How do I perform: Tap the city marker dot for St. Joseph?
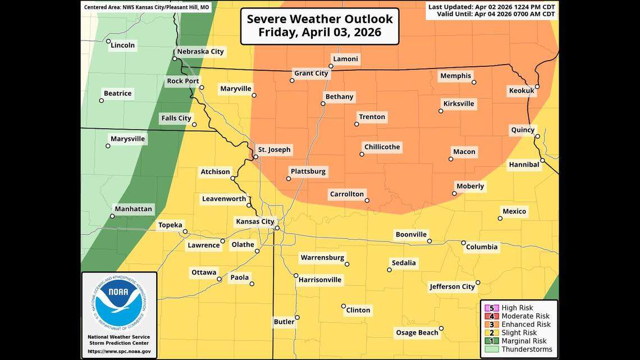tap(255, 157)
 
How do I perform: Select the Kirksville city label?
tap(459, 103)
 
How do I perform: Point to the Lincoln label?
tap(123, 45)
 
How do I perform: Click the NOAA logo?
tap(119, 303)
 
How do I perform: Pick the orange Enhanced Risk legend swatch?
tap(492, 324)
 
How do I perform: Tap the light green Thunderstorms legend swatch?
tap(492, 349)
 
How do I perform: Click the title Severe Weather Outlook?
tap(319, 19)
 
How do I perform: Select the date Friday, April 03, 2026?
tap(319, 32)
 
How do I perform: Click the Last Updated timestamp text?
tap(491, 7)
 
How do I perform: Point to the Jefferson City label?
tap(452, 286)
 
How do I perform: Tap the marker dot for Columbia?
tap(464, 243)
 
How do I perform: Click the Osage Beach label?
tap(417, 332)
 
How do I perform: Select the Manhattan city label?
tap(133, 209)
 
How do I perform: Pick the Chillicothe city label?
tap(382, 147)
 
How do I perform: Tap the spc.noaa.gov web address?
tap(119, 351)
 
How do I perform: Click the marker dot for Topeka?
tap(185, 231)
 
